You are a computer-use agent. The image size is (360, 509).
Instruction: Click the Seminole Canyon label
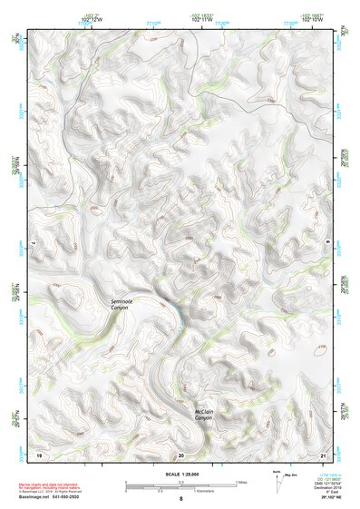coord(120,305)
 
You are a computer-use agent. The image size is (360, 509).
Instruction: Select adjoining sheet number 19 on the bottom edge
coord(39,454)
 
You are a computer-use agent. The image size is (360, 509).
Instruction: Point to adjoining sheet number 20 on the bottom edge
coord(181,454)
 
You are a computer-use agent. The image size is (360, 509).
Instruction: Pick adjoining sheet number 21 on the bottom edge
coord(323,454)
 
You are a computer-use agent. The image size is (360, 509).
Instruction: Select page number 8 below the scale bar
coord(180,500)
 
